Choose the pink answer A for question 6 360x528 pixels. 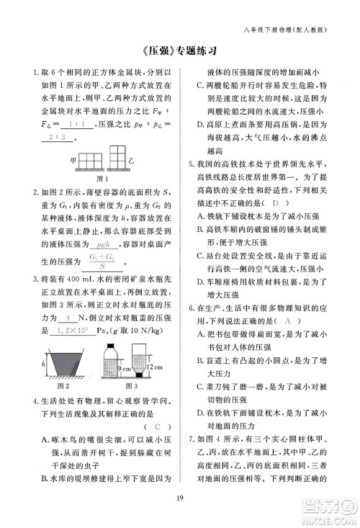pos(289,319)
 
